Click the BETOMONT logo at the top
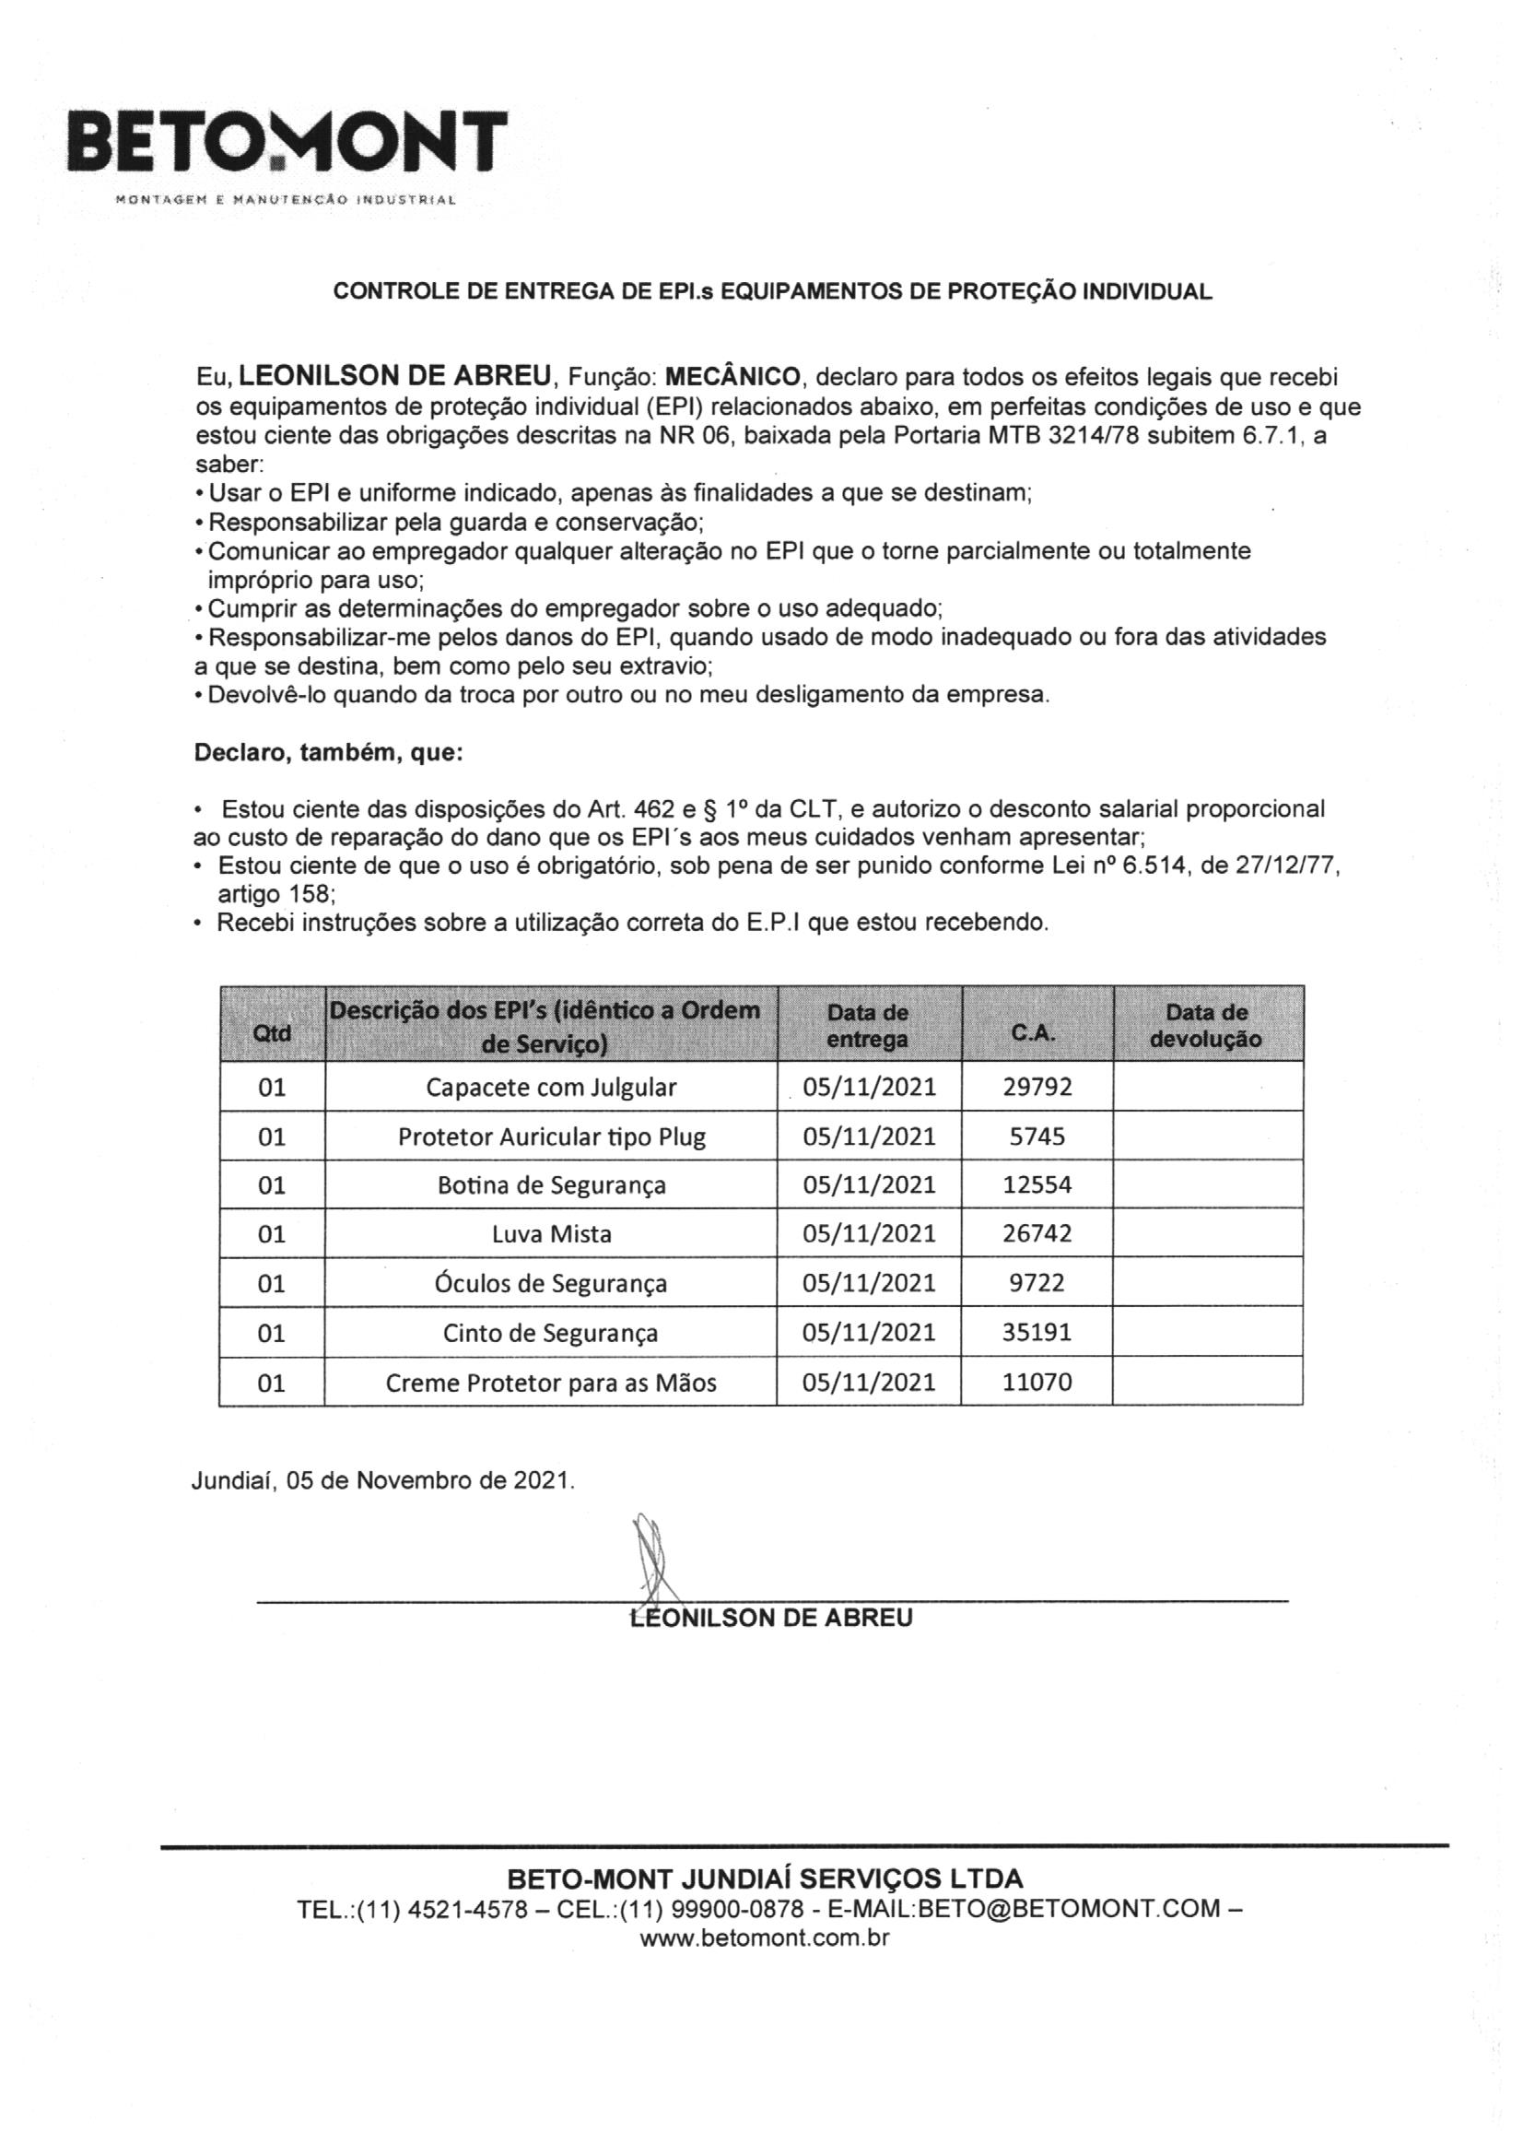(x=287, y=144)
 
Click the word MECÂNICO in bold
(x=732, y=377)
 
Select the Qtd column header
(x=272, y=1033)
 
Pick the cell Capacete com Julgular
(x=551, y=1087)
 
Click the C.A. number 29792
(x=1037, y=1087)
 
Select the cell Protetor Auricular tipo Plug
(x=551, y=1136)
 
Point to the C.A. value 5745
(x=1037, y=1136)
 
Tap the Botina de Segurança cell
(x=551, y=1184)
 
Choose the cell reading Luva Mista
(x=551, y=1233)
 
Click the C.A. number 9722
(x=1037, y=1283)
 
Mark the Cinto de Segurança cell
(x=551, y=1333)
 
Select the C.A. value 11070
(x=1037, y=1382)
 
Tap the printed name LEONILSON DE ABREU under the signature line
(x=770, y=1618)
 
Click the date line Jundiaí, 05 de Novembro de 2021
(x=383, y=1480)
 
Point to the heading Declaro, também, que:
(x=327, y=753)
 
